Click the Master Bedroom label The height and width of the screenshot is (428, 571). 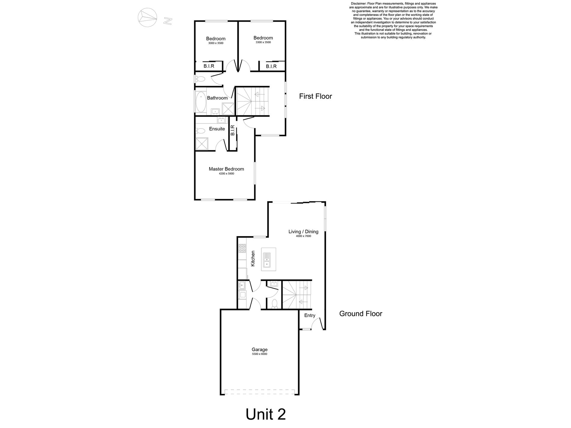click(x=226, y=169)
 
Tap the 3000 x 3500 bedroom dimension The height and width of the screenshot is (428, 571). click(x=215, y=43)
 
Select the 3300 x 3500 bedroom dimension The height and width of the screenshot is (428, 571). click(x=263, y=42)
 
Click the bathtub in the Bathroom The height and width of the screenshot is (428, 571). click(x=200, y=102)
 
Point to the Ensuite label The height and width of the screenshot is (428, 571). click(x=217, y=129)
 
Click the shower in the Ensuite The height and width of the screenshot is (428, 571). click(x=202, y=144)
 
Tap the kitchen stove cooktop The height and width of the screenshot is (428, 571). click(x=242, y=248)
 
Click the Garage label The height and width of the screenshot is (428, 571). click(x=259, y=350)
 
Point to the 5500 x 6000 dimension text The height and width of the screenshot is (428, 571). click(x=259, y=354)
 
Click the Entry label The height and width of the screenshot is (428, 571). click(x=310, y=315)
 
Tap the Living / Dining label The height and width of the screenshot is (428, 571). click(x=303, y=232)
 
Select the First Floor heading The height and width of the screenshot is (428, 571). click(x=315, y=96)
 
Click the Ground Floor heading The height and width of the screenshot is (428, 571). click(x=360, y=314)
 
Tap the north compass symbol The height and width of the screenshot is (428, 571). click(x=147, y=18)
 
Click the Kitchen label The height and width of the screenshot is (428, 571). click(x=253, y=258)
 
